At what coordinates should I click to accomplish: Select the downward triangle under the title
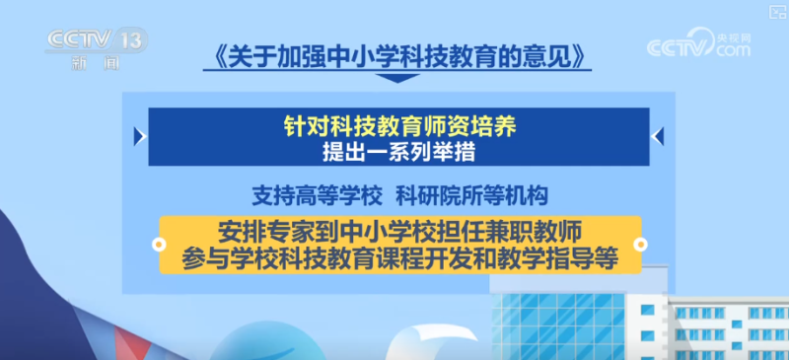[394, 78]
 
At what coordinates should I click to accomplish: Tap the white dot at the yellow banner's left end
[161, 244]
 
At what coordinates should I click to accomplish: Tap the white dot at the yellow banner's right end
[638, 244]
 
